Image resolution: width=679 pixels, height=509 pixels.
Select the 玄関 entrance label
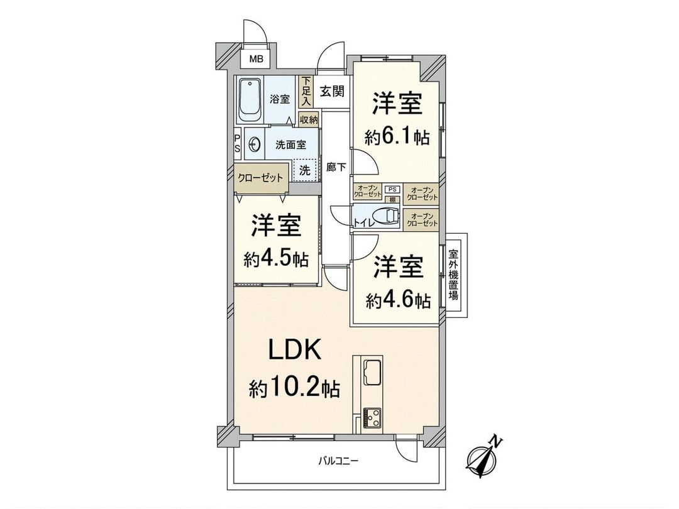click(331, 91)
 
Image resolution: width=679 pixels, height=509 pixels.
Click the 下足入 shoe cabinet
click(306, 91)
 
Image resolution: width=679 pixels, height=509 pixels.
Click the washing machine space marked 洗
click(305, 170)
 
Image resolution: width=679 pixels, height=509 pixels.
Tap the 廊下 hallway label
click(335, 168)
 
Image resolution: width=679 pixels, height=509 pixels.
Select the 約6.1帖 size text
click(397, 137)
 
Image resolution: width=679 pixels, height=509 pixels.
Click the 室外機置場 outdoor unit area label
click(453, 275)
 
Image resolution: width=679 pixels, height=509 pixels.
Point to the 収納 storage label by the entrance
click(308, 119)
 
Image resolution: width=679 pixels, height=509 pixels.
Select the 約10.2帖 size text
click(293, 388)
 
